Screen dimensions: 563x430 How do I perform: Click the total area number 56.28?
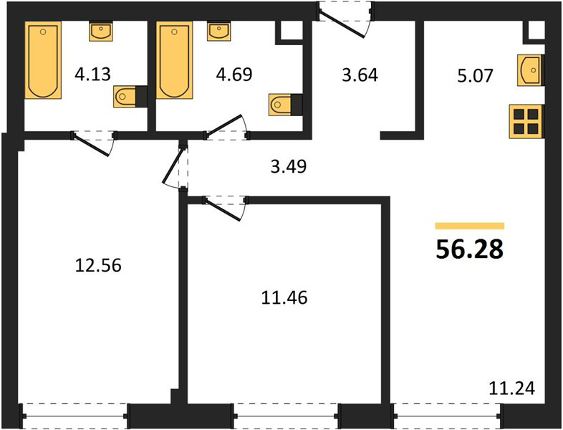469,249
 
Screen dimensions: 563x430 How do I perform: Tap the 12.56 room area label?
98,265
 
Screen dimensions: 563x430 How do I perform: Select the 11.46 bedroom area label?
284,298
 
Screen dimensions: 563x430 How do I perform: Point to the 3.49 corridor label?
289,167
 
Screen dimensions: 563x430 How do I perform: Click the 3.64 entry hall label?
360,75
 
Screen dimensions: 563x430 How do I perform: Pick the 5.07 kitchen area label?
476,76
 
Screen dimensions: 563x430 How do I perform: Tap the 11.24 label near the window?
512,388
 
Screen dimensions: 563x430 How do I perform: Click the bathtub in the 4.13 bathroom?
43,60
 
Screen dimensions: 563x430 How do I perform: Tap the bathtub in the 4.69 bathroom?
174,60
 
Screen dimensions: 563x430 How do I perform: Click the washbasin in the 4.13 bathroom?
101,32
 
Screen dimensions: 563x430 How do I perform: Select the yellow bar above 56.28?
470,226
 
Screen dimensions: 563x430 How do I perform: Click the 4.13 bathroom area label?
92,75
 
